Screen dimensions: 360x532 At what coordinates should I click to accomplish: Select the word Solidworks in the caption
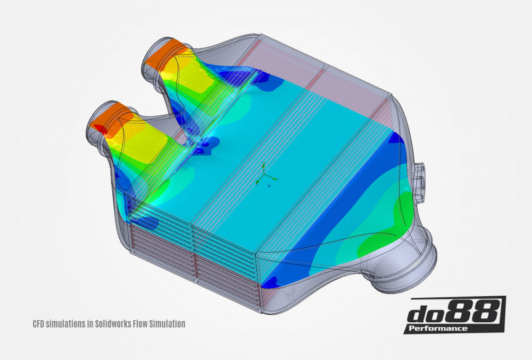click(x=102, y=323)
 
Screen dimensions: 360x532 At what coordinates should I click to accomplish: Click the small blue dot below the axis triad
click(x=270, y=186)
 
